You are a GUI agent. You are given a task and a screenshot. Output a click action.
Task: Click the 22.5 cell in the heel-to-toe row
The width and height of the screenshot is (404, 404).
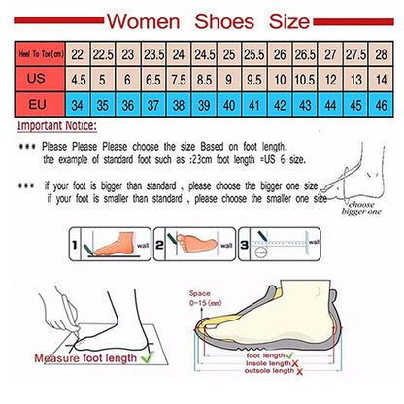[100, 54]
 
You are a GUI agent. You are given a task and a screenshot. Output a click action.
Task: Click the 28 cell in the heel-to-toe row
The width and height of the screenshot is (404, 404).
[380, 54]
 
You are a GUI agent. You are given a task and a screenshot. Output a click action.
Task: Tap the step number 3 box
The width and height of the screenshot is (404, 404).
[247, 236]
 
